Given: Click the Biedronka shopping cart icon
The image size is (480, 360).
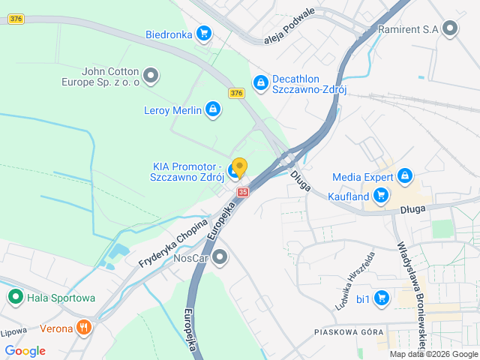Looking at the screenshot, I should [x=202, y=33].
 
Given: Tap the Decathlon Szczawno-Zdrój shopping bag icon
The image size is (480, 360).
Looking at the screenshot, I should [x=260, y=82].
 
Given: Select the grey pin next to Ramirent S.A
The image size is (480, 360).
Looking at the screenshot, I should [x=450, y=29].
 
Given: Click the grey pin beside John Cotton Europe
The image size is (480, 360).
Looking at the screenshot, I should [x=151, y=75].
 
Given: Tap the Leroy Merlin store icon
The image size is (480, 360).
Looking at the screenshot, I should [x=213, y=111].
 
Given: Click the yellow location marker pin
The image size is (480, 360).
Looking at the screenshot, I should [x=239, y=166].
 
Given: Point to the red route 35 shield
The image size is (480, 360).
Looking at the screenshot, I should [x=242, y=192].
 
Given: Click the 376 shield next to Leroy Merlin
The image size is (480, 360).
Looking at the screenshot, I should [x=236, y=93].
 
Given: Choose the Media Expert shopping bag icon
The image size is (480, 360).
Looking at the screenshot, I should [x=404, y=176].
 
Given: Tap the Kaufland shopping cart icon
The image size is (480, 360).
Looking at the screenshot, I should [x=382, y=196].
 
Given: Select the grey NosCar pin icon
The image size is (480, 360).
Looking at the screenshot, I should [x=220, y=258].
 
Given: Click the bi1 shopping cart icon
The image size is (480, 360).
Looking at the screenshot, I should [x=382, y=298].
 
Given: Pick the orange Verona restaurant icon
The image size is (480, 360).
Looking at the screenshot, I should [x=84, y=328].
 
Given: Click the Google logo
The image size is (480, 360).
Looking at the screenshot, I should [x=25, y=350].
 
